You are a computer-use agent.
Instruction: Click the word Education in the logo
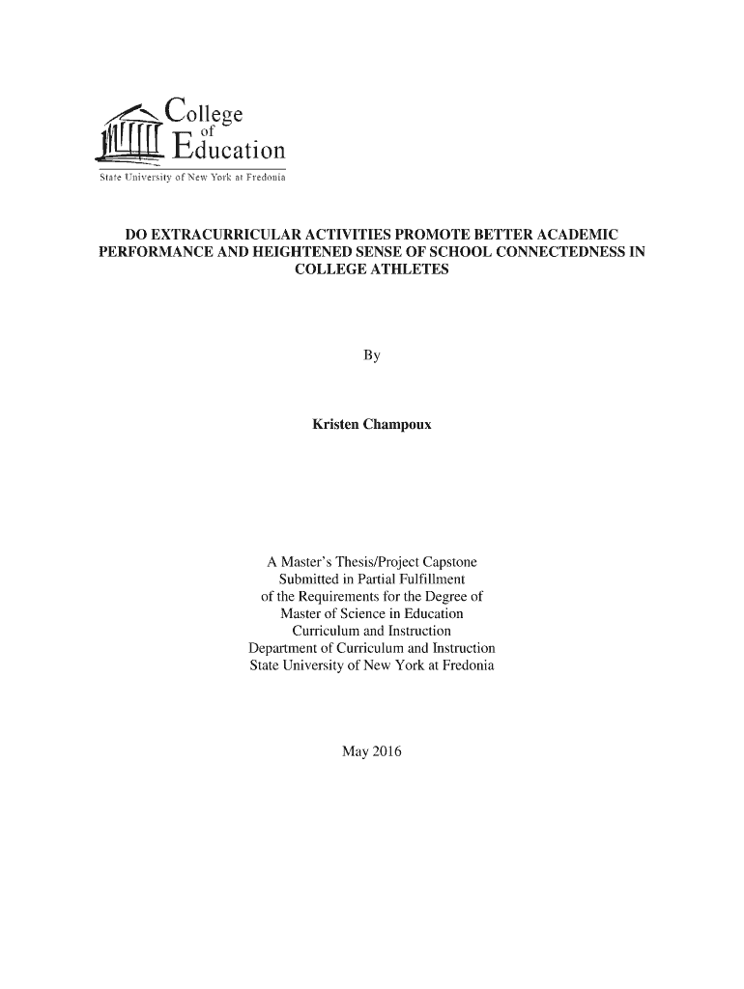229,152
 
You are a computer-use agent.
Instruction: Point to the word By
372,356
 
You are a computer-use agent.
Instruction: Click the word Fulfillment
427,579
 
